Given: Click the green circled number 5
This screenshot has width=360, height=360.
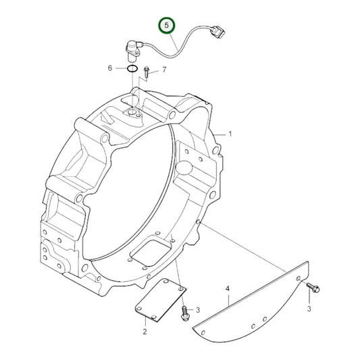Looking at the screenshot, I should pyautogui.click(x=167, y=27).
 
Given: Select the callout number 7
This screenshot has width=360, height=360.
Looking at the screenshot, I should pyautogui.click(x=163, y=70).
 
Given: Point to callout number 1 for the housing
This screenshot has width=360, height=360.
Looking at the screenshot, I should pyautogui.click(x=230, y=134).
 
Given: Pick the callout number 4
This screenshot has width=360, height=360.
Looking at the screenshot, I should pyautogui.click(x=228, y=288).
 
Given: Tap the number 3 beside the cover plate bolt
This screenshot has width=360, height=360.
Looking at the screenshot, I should pyautogui.click(x=198, y=310).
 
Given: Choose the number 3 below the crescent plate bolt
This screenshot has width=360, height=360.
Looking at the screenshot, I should pyautogui.click(x=309, y=308).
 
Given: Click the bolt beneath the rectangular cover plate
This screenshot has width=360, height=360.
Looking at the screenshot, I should pyautogui.click(x=184, y=311).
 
